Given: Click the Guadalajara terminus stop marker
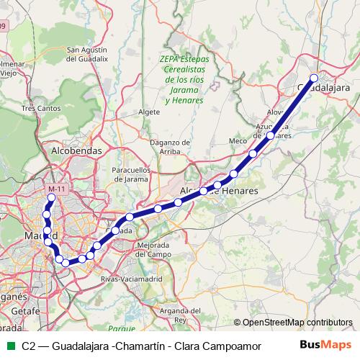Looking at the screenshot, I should pyautogui.click(x=314, y=78).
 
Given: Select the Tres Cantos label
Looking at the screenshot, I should pyautogui.click(x=38, y=108).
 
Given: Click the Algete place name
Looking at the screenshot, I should pyautogui.click(x=148, y=112).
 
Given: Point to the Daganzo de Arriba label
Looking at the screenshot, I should pyautogui.click(x=169, y=146).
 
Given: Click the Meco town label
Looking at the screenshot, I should pyautogui.click(x=237, y=140).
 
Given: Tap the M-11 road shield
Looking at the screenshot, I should pyautogui.click(x=55, y=189).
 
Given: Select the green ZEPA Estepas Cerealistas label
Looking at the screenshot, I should pyautogui.click(x=184, y=81).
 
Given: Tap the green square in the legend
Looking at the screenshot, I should pyautogui.click(x=9, y=345).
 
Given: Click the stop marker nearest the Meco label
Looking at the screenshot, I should pyautogui.click(x=253, y=153).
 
